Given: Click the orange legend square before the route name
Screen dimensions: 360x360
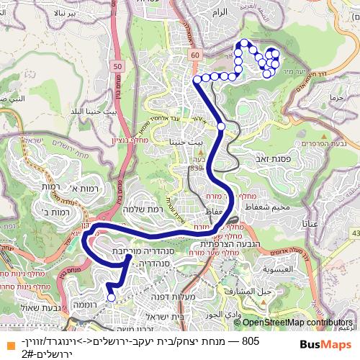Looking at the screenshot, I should (x=7, y=341).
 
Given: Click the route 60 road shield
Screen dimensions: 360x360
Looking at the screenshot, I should (x=194, y=53).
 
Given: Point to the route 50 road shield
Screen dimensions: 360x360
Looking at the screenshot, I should (x=117, y=67).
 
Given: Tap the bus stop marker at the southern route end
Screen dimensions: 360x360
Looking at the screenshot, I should (x=111, y=297).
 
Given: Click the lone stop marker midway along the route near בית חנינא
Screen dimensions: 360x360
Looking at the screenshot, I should (x=221, y=127).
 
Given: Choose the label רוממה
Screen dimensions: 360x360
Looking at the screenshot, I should (x=85, y=305).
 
